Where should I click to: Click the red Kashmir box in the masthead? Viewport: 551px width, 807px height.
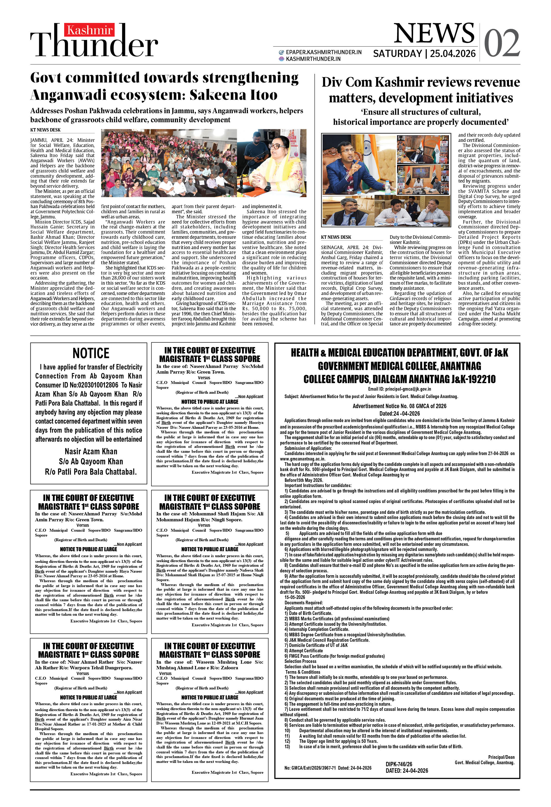(x=89, y=30)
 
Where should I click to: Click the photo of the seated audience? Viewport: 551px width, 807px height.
(x=168, y=163)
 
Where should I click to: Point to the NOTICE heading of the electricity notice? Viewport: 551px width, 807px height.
(x=91, y=353)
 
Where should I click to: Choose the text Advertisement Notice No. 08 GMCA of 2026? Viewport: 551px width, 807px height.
(x=399, y=406)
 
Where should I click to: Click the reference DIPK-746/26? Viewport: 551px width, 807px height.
(x=399, y=764)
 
